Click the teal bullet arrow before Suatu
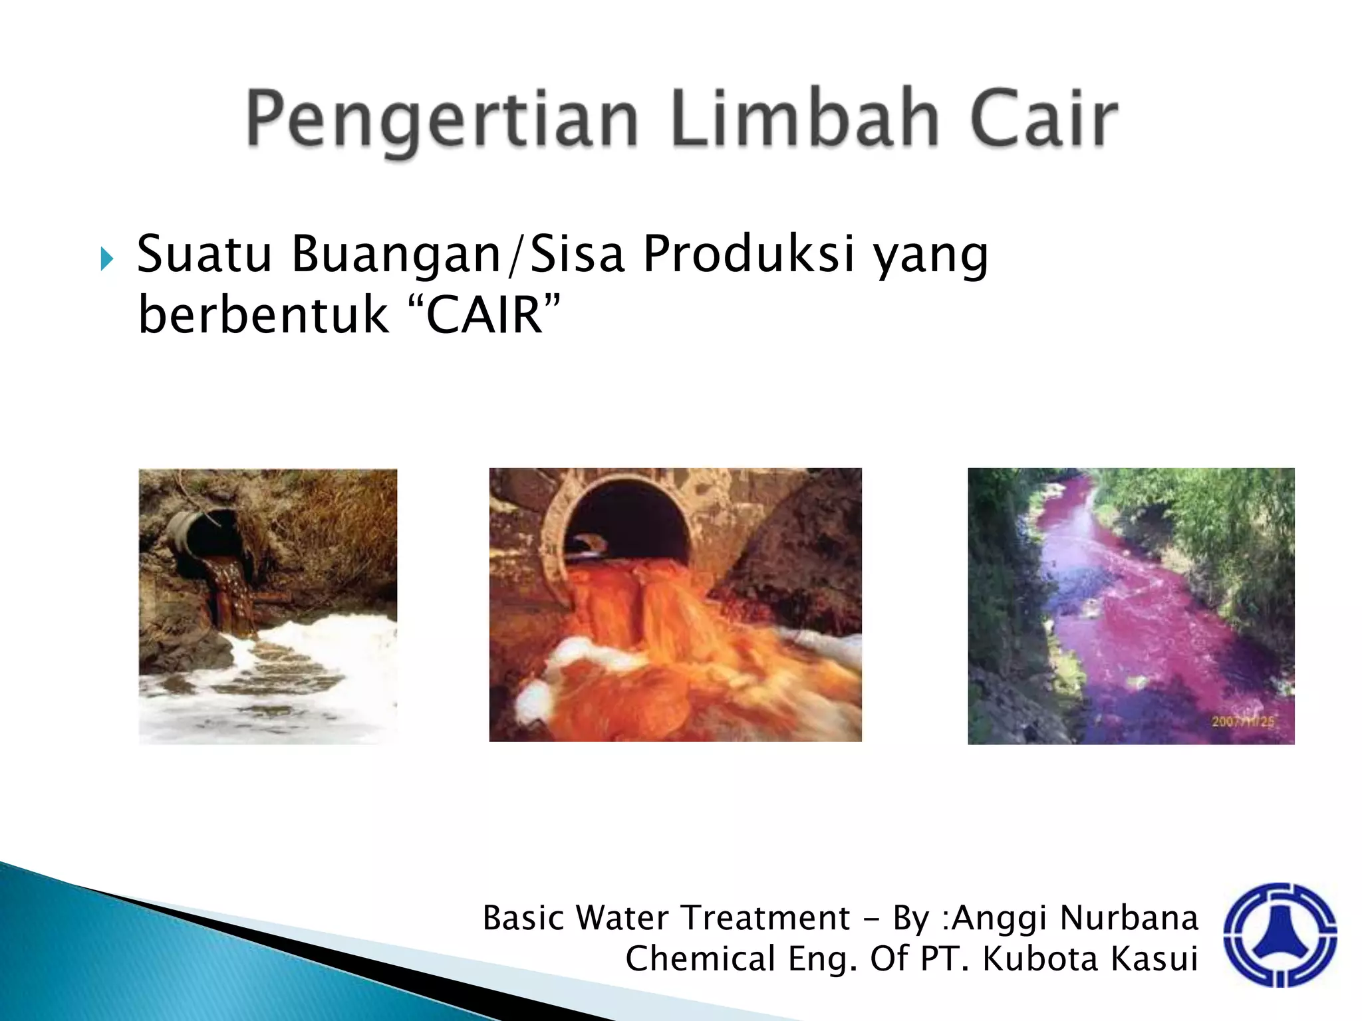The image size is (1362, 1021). tap(107, 259)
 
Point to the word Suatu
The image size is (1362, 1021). tap(204, 254)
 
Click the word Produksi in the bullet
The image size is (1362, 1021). tap(748, 254)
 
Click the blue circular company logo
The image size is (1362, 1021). tap(1280, 934)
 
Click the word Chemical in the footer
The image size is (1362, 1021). tap(701, 959)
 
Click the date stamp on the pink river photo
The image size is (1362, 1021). tap(1242, 721)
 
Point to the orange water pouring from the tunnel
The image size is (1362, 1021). tap(638, 618)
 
